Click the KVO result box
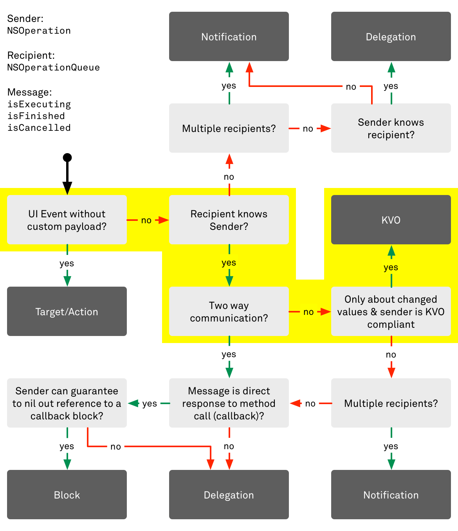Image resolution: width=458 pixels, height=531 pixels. tap(391, 220)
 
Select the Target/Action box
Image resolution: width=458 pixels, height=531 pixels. tap(67, 311)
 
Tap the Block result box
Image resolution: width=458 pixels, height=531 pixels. tap(67, 495)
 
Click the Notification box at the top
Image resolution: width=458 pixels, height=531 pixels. tap(229, 36)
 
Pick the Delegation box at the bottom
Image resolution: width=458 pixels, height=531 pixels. tap(229, 495)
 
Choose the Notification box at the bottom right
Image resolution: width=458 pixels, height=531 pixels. tap(391, 495)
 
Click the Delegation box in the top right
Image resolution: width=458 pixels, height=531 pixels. tap(391, 36)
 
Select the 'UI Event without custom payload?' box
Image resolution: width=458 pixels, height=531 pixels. tap(67, 220)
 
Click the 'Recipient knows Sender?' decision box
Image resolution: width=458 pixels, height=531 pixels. tap(229, 220)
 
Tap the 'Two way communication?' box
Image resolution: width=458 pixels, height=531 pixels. tap(229, 311)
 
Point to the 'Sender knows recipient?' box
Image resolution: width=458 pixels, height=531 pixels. tap(391, 128)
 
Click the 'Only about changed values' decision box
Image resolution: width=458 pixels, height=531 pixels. tap(391, 311)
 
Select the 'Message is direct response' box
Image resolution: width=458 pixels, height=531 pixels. tap(229, 403)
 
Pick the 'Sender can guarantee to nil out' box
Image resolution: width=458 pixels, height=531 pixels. tap(67, 403)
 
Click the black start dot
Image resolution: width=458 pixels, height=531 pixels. tap(67, 157)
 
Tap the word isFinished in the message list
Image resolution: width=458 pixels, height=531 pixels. tap(36, 116)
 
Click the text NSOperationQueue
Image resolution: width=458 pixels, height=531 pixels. tap(53, 67)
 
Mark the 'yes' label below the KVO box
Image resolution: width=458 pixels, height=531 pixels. tap(391, 267)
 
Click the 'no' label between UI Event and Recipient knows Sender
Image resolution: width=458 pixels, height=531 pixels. tap(146, 220)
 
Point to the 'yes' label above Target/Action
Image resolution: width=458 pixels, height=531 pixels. tap(67, 264)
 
